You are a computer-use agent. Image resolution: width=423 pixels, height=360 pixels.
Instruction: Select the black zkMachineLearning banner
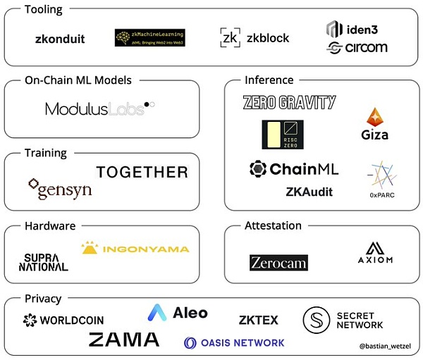pyautogui.click(x=149, y=37)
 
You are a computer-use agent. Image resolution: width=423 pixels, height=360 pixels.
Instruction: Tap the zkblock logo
pyautogui.click(x=255, y=38)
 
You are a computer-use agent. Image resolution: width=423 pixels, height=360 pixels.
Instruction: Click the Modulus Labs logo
pyautogui.click(x=99, y=108)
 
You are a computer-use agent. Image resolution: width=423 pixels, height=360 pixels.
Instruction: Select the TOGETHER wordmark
pyautogui.click(x=142, y=172)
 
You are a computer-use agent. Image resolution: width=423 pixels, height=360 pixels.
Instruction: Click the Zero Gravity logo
pyautogui.click(x=289, y=102)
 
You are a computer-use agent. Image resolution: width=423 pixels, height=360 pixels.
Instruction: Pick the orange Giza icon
pyautogui.click(x=374, y=118)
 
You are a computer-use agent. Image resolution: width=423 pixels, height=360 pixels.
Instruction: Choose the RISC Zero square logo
pyautogui.click(x=283, y=135)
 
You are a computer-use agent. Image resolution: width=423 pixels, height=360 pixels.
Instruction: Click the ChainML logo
pyautogui.click(x=294, y=169)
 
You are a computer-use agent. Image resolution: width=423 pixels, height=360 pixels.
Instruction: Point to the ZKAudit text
pyautogui.click(x=309, y=192)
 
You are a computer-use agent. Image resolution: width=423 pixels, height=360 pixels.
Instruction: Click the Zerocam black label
pyautogui.click(x=278, y=263)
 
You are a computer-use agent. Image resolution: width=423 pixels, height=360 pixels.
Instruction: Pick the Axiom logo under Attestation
pyautogui.click(x=375, y=252)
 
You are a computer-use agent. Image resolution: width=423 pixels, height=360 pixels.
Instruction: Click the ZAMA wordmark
pyautogui.click(x=124, y=340)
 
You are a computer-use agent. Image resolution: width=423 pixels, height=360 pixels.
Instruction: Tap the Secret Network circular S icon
pyautogui.click(x=317, y=320)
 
